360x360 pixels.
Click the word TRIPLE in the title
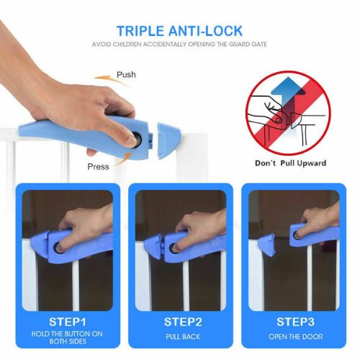(140, 31)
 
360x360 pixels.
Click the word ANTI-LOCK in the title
(205, 31)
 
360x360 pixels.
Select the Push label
(126, 75)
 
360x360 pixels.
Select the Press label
(98, 166)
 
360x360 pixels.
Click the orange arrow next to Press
(124, 159)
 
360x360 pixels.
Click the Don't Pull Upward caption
(291, 163)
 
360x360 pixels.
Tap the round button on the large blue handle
(137, 139)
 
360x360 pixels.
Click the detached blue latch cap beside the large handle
(168, 140)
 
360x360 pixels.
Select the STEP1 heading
(67, 322)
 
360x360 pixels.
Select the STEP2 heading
(183, 322)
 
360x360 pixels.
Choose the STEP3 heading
(295, 322)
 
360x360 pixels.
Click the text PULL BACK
(183, 337)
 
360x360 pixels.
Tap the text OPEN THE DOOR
(295, 337)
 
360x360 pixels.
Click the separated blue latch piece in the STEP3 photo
(266, 244)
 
